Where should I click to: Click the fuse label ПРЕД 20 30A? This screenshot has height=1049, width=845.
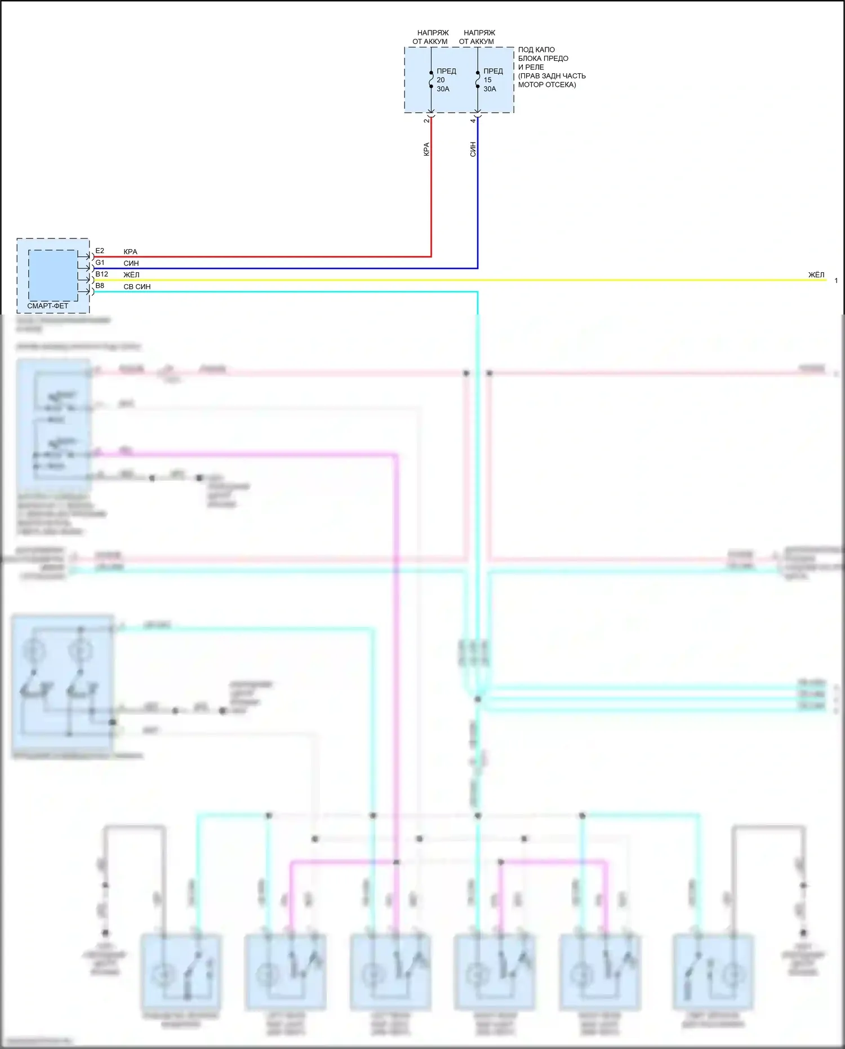(446, 80)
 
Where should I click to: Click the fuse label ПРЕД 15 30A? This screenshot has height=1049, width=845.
(492, 80)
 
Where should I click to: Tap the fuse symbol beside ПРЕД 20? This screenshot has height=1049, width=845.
(431, 79)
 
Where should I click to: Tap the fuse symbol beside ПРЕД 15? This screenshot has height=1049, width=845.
(478, 79)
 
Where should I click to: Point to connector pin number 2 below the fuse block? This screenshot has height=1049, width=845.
(426, 121)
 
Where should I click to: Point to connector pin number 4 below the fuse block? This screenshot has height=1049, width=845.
(473, 121)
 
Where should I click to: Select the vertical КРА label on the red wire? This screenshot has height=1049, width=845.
(426, 149)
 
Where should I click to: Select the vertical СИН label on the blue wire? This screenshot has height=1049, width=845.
(473, 149)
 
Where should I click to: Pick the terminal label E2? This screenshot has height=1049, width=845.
(100, 251)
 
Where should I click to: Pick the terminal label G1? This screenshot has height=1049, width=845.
(100, 263)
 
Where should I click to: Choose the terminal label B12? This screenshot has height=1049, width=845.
(101, 275)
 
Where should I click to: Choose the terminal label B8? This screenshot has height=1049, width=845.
(100, 286)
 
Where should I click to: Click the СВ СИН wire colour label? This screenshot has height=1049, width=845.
(137, 287)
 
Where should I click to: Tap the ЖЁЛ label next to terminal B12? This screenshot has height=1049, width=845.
(131, 275)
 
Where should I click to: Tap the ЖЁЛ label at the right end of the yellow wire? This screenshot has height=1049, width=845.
(816, 275)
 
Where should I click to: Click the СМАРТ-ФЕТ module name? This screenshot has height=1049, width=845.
(48, 306)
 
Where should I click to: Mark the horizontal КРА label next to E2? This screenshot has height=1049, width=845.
(130, 252)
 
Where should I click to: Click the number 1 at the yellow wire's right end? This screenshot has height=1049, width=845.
(836, 281)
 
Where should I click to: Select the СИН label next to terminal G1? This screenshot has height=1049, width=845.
(131, 263)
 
